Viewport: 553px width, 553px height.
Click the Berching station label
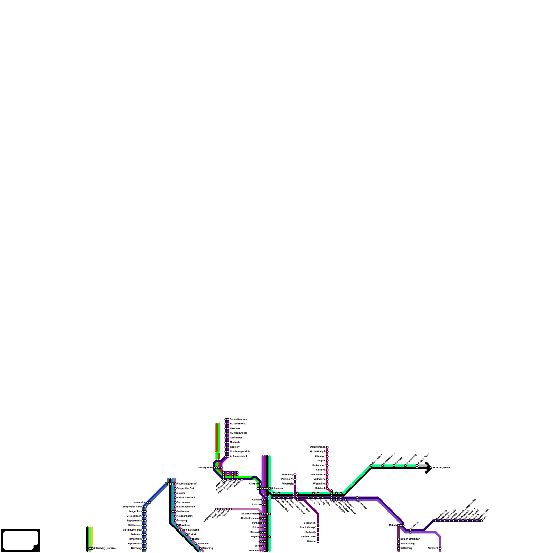pos(136,549)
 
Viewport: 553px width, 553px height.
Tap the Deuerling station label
pos(207,549)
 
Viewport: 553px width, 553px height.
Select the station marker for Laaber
pos(191,539)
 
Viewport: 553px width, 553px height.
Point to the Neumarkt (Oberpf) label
pos(187,484)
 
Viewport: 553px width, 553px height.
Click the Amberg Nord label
pos(205,468)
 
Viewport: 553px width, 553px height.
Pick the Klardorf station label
pos(256,500)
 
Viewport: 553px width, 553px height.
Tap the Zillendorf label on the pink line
pos(320,456)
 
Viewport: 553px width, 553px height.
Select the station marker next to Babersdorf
pos(327,465)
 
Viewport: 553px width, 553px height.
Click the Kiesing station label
pos(321,470)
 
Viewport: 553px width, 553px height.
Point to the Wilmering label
pos(320,479)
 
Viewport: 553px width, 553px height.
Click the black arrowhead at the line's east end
pos(429,468)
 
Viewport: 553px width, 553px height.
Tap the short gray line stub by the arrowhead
pos(422,466)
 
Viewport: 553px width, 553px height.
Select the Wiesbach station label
pos(433,549)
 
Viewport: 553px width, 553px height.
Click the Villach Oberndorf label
pos(410,539)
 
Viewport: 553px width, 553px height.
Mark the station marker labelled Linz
pos(481,521)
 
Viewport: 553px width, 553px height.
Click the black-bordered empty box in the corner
pos(20,540)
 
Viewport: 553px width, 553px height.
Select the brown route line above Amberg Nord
pos(217,437)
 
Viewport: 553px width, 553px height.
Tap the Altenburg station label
pos(105,549)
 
